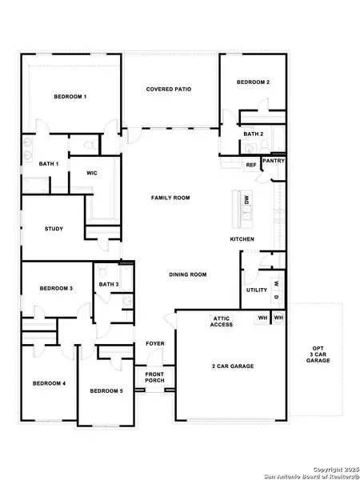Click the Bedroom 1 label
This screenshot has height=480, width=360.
70,97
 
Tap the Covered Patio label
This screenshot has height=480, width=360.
169,89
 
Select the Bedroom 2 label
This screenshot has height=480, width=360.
252,82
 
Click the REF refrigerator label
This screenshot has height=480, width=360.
250,166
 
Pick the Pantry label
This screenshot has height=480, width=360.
274,161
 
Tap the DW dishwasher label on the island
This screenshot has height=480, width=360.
247,200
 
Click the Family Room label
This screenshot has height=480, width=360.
170,197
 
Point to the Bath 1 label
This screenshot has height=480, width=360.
49,164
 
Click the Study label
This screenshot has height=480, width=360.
53,230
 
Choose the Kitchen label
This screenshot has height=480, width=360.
242,240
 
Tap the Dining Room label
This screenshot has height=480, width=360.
188,274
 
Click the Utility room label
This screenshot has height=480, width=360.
257,290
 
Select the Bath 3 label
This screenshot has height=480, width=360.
109,284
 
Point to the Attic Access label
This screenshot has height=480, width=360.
222,322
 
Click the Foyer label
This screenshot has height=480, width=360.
155,344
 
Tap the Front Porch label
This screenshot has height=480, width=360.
155,377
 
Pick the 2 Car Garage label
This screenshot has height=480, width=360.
233,366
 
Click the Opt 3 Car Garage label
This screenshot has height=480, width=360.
318,354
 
